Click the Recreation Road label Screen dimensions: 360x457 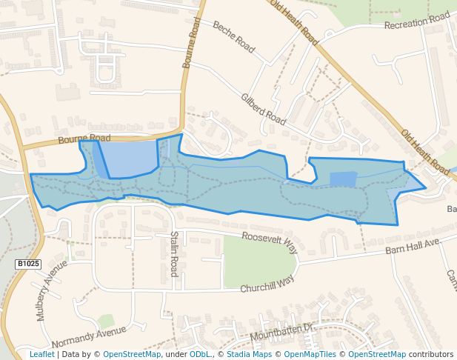(x=416, y=21)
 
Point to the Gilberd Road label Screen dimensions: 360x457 (x=263, y=108)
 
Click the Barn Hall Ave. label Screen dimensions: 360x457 (x=413, y=247)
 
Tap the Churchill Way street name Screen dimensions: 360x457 (x=266, y=283)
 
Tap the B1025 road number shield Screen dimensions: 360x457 (x=28, y=264)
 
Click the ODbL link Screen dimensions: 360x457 (x=200, y=355)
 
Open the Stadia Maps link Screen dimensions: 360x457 (x=249, y=355)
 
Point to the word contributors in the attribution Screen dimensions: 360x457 (x=431, y=355)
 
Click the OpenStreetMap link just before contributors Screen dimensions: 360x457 (x=377, y=355)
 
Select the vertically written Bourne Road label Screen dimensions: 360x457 (x=190, y=44)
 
